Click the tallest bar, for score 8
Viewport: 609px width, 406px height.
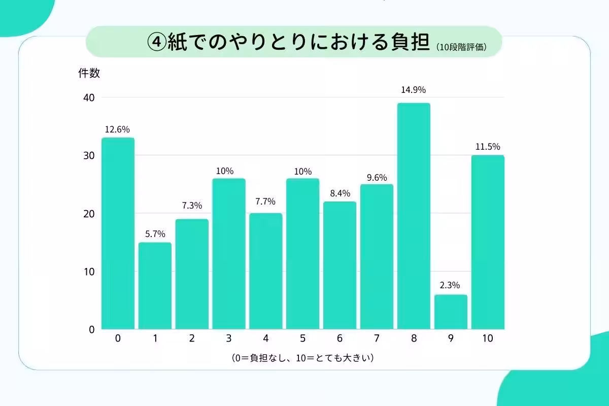click(414, 216)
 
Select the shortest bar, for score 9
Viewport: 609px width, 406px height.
click(451, 312)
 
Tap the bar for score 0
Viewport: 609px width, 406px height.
click(118, 233)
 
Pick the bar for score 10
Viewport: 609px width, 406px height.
click(488, 242)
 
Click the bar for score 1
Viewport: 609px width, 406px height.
click(155, 286)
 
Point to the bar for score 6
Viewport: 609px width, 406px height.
click(340, 265)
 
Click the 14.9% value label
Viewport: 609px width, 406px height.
click(414, 90)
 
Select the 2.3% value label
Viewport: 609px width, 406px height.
click(450, 285)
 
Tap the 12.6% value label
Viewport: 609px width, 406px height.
click(117, 129)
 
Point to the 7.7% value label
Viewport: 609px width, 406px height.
click(265, 201)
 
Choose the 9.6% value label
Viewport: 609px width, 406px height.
click(376, 178)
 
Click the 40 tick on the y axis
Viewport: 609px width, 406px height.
click(89, 97)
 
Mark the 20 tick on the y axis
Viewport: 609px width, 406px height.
click(89, 214)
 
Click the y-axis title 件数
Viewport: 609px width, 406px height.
click(89, 73)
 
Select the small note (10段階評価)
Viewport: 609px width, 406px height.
click(462, 47)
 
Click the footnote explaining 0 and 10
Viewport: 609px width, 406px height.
click(302, 358)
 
